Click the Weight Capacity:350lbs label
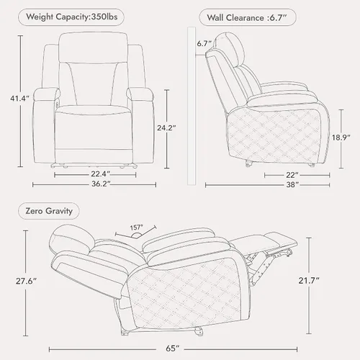(x=72, y=17)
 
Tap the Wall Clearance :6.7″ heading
(x=247, y=17)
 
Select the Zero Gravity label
(x=49, y=211)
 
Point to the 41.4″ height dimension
(x=19, y=99)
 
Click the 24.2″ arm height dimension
(x=166, y=128)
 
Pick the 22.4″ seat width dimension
(x=100, y=174)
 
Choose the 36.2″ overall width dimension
(x=101, y=184)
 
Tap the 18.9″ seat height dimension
(x=341, y=138)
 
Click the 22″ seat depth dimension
(x=292, y=175)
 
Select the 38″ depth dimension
(x=292, y=184)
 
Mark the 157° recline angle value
(x=136, y=228)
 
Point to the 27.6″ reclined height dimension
(x=26, y=281)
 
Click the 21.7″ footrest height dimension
(x=309, y=281)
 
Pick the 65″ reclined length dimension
(x=173, y=348)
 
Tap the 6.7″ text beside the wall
(x=204, y=43)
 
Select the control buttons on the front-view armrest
(x=58, y=102)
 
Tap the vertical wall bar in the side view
(x=192, y=106)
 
